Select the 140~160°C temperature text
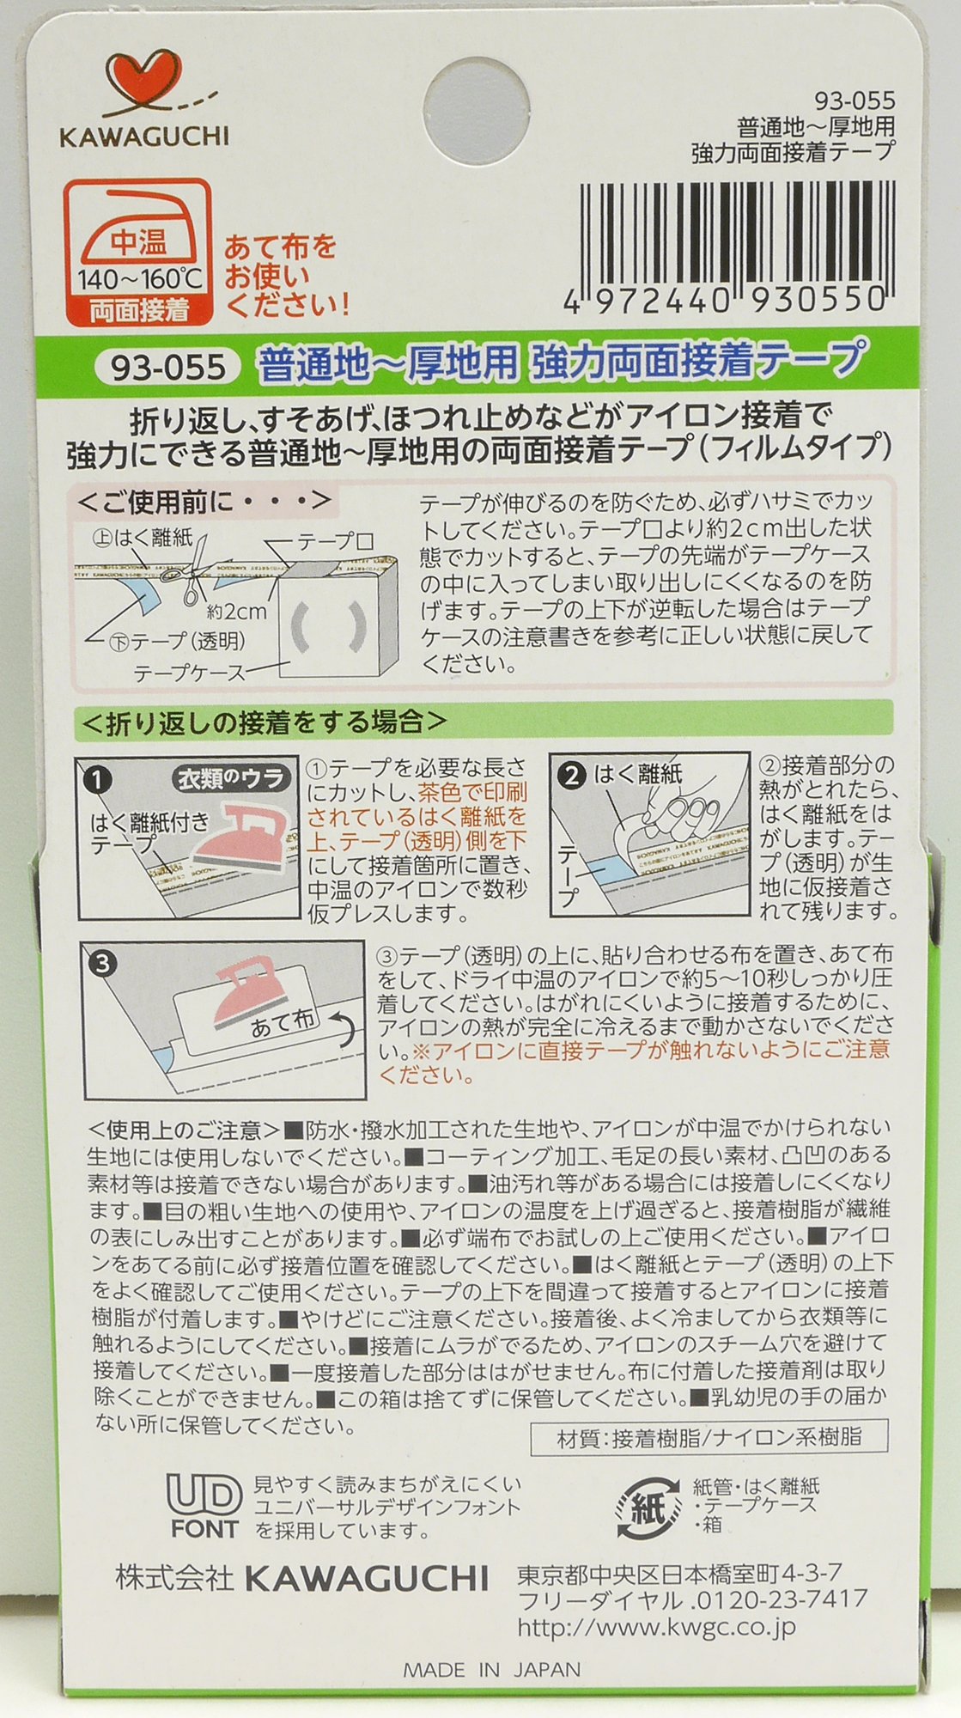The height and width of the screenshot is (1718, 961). point(139,279)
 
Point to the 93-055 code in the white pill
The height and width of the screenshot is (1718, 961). point(161,367)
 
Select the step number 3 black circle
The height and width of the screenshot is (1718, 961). point(103,965)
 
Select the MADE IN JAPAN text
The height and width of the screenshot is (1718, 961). point(491,1670)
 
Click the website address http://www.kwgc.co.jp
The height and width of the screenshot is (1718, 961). point(656,1626)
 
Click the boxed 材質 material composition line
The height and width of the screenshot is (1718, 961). point(709,1438)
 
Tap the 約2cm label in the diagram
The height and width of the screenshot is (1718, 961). point(236,612)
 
